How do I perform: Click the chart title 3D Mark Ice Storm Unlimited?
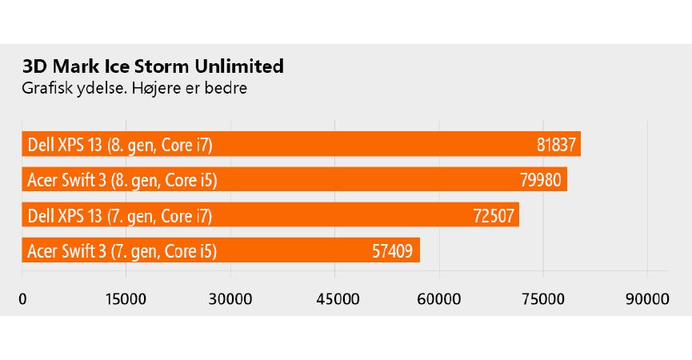coord(153,66)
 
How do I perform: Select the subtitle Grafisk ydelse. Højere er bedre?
coord(134,87)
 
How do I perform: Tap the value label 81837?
coord(556,145)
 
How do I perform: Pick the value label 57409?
coord(393,251)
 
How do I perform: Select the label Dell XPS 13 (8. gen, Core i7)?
coord(120,145)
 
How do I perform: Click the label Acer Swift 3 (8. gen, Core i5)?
coord(122,180)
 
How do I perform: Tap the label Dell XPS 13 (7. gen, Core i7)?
coord(120,215)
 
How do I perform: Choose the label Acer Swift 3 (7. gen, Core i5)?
coord(122,251)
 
